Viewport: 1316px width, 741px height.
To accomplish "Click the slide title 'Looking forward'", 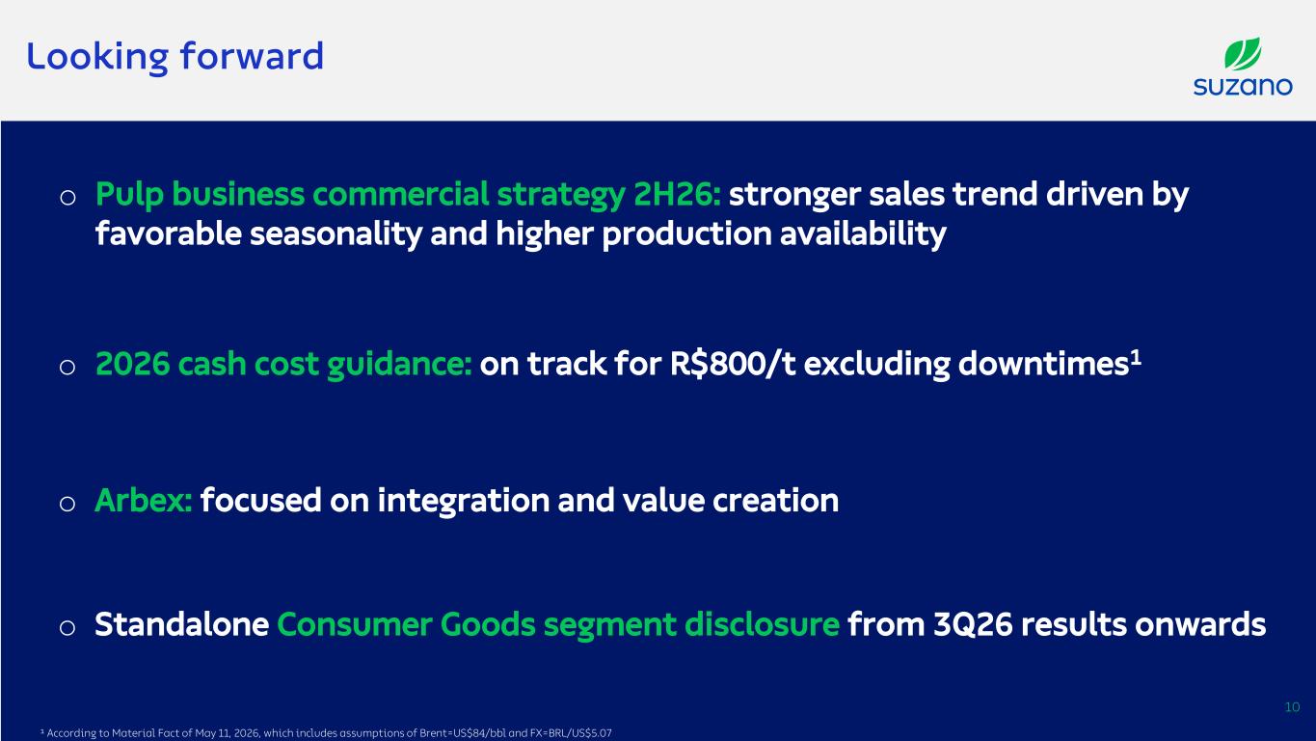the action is pos(175,58).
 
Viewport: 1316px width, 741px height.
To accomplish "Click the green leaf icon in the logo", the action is pos(1243,53).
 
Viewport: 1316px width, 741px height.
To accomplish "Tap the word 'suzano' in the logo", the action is pos(1243,87).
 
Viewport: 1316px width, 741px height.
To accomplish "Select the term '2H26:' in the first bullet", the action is pos(678,195).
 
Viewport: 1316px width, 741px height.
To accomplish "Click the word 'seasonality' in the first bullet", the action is pos(336,234).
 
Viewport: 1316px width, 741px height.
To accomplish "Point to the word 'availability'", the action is pos(863,234).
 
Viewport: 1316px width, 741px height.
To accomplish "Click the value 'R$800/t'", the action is pos(733,364).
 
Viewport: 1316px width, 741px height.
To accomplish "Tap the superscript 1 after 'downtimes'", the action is pos(1136,356).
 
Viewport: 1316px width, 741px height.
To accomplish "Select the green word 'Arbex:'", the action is pos(144,501).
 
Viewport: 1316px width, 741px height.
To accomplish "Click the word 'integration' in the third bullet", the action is pos(463,501).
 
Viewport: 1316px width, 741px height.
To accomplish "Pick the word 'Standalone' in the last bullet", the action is pos(181,624).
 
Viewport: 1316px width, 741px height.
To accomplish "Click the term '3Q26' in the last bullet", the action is pos(973,625).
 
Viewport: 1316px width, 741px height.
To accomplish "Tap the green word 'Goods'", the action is pos(488,624).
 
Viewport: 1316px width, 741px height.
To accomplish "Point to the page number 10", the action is pos(1292,707).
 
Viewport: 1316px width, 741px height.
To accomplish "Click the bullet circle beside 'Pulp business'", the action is pos(67,197).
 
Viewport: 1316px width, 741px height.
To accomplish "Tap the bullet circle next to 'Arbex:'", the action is pos(67,504).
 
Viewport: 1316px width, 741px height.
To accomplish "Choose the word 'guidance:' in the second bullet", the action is pos(399,365).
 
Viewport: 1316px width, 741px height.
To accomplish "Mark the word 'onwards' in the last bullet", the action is pos(1200,624).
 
